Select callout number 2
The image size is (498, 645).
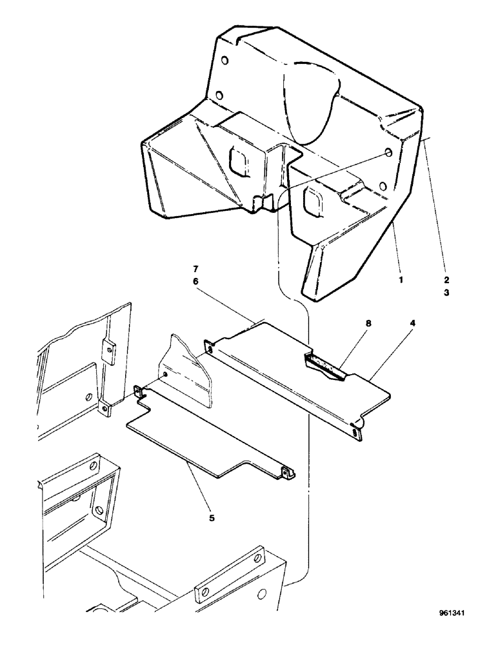tap(446, 281)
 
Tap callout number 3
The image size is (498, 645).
tap(446, 292)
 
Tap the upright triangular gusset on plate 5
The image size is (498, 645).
tap(191, 370)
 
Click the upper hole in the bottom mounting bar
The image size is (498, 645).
tap(260, 555)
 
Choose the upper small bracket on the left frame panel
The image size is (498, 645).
tap(108, 349)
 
